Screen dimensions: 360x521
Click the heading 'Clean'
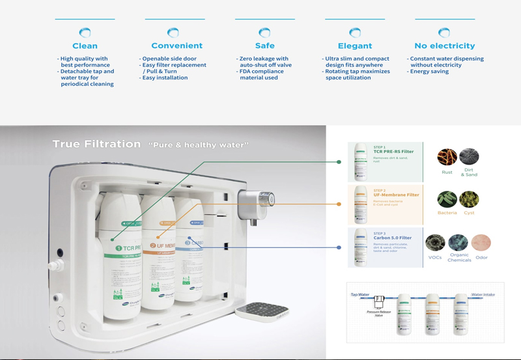(x=85, y=46)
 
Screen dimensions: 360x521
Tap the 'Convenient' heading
(x=176, y=46)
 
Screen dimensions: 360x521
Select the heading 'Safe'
(x=265, y=46)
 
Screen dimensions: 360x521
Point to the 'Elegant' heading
(x=355, y=46)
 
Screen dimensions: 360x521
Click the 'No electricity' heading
(x=444, y=46)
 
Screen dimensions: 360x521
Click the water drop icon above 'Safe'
(x=265, y=32)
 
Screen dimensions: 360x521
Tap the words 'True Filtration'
(x=96, y=144)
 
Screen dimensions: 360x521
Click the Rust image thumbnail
(x=447, y=157)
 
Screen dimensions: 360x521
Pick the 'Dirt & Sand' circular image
(x=469, y=157)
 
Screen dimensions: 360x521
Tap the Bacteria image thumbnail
(x=447, y=199)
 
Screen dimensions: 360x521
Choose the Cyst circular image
(x=469, y=199)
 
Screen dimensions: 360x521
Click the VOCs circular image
(x=435, y=243)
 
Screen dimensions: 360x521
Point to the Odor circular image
(x=481, y=243)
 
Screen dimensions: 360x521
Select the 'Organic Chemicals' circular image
(x=458, y=243)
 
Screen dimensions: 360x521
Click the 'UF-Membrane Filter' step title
(x=396, y=195)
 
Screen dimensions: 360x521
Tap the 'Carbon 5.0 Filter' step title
(x=393, y=238)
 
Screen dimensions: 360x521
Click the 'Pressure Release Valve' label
(x=377, y=314)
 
